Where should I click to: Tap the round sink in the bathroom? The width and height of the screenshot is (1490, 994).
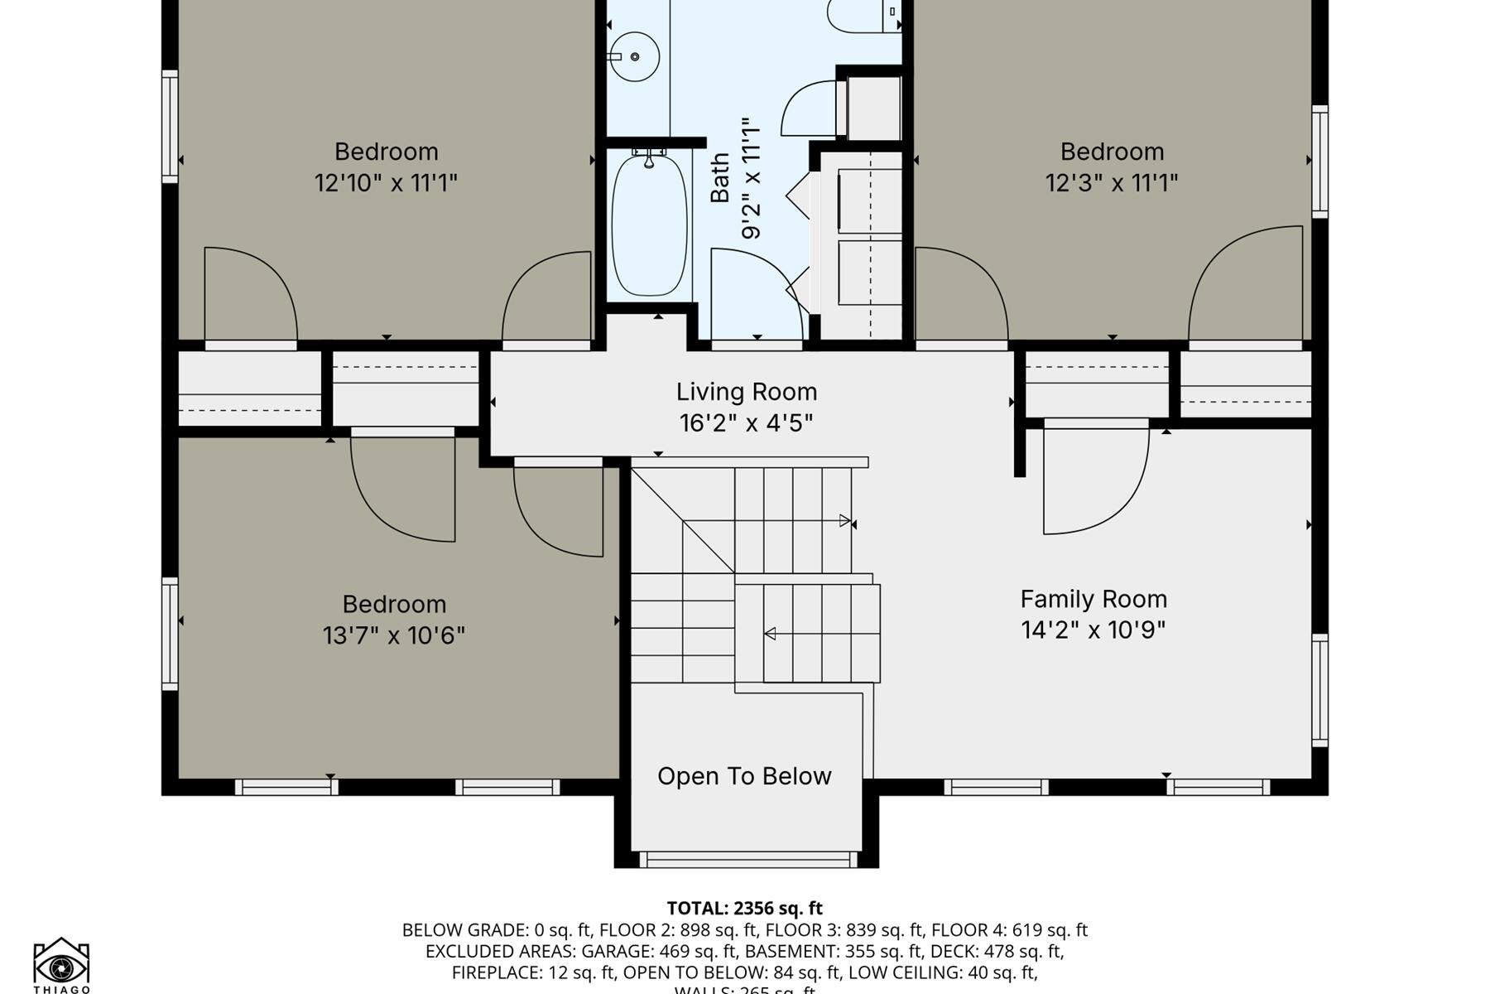(634, 56)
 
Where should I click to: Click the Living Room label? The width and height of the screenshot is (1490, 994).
(746, 392)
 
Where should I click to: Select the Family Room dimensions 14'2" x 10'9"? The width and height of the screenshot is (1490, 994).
(1093, 630)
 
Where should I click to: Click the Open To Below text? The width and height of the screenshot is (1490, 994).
(744, 776)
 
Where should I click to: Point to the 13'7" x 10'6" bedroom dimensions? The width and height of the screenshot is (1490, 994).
(393, 635)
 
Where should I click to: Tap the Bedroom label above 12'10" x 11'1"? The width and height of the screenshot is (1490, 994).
(386, 152)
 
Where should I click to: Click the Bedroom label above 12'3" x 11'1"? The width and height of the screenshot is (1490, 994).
(1112, 152)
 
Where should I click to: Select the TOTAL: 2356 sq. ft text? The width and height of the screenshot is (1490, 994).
(744, 908)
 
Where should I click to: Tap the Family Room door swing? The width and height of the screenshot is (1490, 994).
(1093, 480)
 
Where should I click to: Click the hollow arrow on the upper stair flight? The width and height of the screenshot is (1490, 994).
(844, 521)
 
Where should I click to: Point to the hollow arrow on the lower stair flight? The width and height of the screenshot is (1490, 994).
(770, 634)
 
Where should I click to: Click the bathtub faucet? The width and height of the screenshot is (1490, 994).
(649, 157)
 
